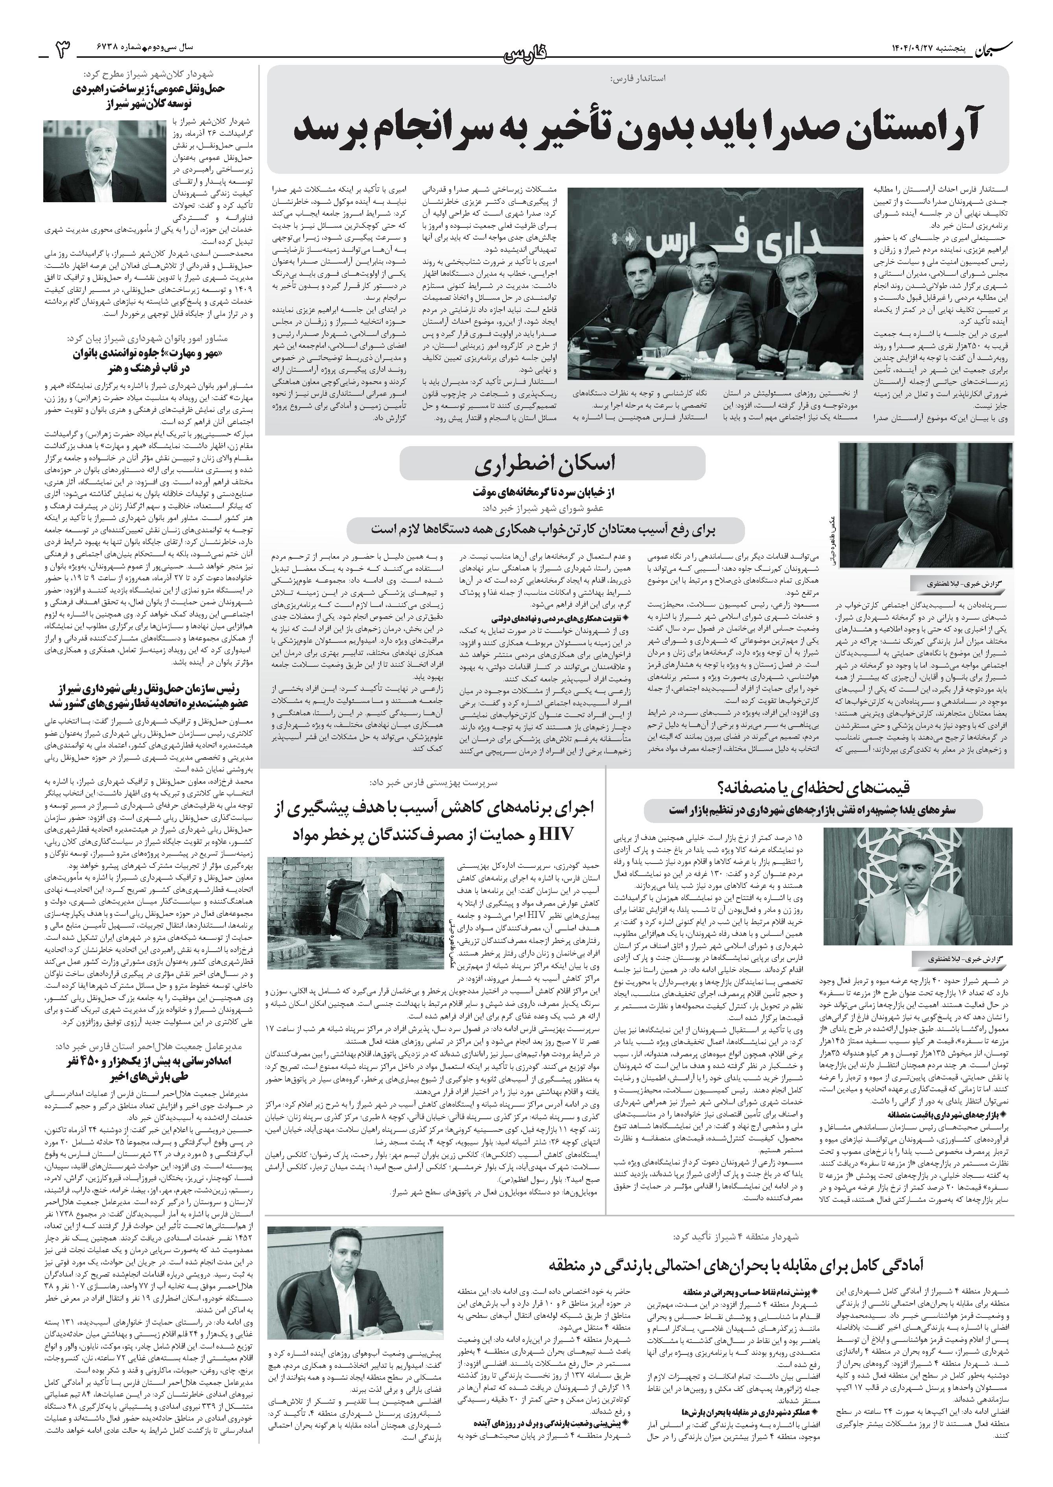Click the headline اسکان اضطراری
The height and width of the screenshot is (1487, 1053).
pyautogui.click(x=552, y=464)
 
